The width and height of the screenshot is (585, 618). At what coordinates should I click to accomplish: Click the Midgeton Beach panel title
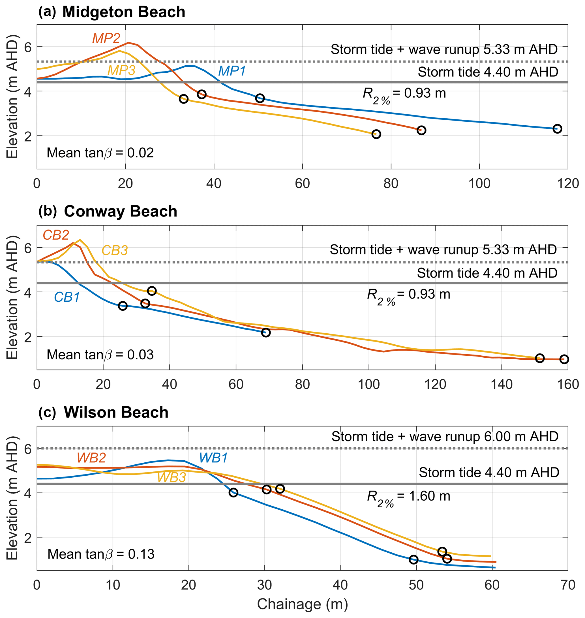pyautogui.click(x=124, y=12)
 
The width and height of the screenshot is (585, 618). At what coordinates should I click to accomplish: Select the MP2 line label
pyautogui.click(x=106, y=38)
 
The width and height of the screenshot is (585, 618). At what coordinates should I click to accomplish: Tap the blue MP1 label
pyautogui.click(x=232, y=71)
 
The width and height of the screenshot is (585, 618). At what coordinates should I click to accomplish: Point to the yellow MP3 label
pyautogui.click(x=121, y=70)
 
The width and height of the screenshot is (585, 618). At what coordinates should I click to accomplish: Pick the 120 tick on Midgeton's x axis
pyautogui.click(x=568, y=184)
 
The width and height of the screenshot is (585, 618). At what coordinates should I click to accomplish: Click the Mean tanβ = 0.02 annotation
pyautogui.click(x=100, y=153)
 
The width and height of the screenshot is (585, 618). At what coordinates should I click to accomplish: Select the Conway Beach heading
pyautogui.click(x=120, y=211)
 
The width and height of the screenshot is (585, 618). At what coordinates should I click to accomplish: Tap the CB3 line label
pyautogui.click(x=114, y=250)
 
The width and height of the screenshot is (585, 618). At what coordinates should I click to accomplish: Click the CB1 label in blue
pyautogui.click(x=67, y=297)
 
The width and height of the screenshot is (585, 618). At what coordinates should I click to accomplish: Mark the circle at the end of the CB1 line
pyautogui.click(x=266, y=332)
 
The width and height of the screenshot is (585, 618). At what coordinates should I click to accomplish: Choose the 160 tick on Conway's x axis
pyautogui.click(x=568, y=385)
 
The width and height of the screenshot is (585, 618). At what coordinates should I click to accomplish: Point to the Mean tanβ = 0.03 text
pyautogui.click(x=100, y=355)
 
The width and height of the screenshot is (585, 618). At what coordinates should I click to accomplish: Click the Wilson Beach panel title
pyautogui.click(x=116, y=412)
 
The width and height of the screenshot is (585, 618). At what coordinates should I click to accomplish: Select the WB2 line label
pyautogui.click(x=91, y=458)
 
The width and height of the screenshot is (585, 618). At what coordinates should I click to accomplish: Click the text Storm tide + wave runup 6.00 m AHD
pyautogui.click(x=445, y=437)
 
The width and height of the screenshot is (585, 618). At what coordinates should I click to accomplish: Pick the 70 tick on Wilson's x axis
pyautogui.click(x=568, y=585)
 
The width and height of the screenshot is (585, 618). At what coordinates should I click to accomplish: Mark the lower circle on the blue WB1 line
pyautogui.click(x=413, y=560)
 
